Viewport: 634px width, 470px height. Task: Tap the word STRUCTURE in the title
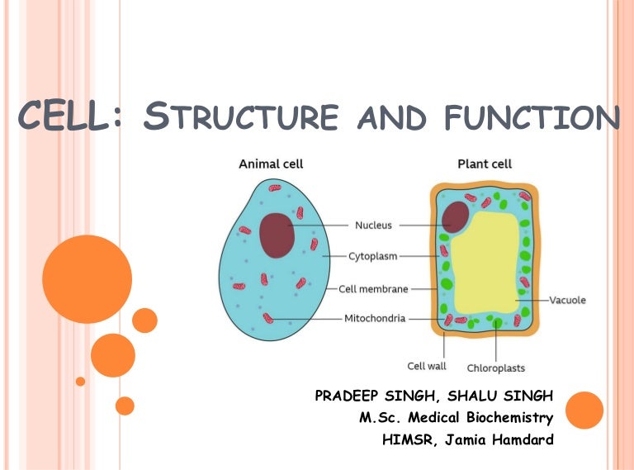(240, 116)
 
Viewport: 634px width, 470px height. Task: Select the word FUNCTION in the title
(532, 117)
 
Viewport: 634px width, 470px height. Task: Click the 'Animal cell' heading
(271, 164)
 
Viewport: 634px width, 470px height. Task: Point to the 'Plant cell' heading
(485, 164)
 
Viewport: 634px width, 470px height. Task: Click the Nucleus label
(373, 226)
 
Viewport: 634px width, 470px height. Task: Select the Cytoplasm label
(373, 256)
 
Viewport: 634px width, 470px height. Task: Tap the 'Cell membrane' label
(373, 289)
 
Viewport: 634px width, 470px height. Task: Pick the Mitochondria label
(375, 318)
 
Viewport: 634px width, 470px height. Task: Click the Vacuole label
(567, 300)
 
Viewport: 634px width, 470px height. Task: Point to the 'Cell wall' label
(427, 366)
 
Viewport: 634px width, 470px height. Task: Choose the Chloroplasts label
(495, 368)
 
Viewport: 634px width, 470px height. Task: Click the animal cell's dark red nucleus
(277, 235)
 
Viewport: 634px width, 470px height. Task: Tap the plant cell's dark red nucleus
(456, 216)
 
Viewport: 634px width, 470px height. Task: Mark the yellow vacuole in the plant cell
(485, 263)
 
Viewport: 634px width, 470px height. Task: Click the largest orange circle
(87, 279)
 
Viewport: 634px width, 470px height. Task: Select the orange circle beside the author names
(584, 411)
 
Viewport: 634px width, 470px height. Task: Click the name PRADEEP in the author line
(346, 396)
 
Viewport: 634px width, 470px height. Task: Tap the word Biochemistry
(509, 417)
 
